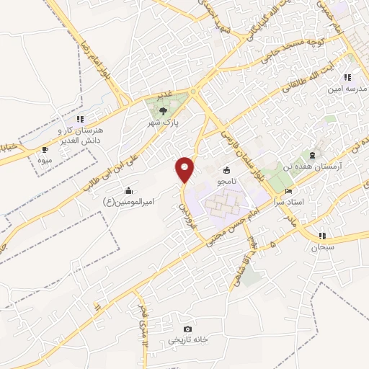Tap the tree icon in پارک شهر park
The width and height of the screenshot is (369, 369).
coord(164,110)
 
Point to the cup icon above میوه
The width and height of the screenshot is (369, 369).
coord(45,150)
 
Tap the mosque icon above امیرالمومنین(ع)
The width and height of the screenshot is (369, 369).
coord(128,190)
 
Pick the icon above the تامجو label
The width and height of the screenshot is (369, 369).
coord(228,170)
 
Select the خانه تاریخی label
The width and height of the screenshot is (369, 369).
coord(189,339)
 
